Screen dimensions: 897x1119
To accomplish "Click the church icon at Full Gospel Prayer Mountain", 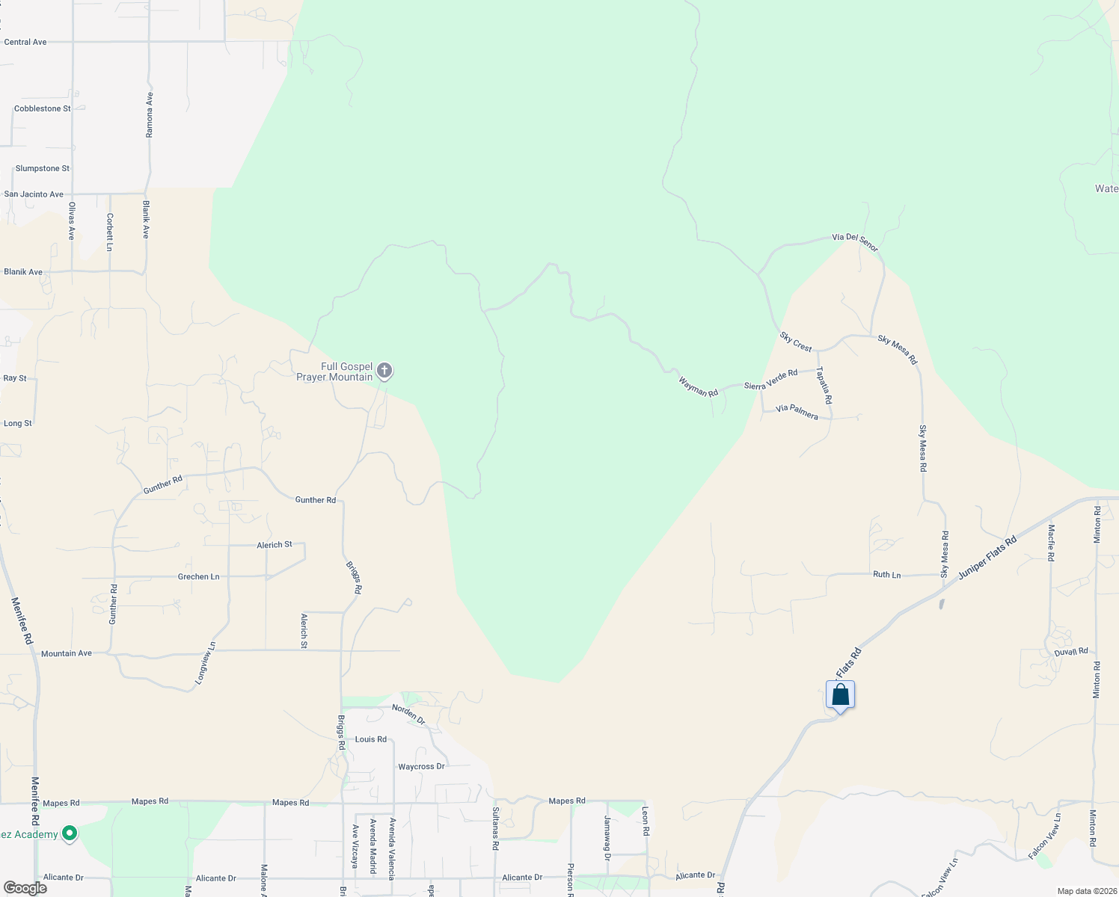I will tap(384, 371).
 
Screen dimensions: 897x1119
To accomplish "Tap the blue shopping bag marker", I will tap(840, 695).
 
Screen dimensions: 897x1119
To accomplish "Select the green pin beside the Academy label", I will tap(70, 833).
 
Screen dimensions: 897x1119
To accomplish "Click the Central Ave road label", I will tap(25, 43).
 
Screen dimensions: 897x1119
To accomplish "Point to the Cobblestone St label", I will tap(43, 109).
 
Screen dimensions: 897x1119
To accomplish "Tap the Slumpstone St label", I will tap(43, 169).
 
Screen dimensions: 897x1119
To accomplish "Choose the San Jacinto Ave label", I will tap(34, 194).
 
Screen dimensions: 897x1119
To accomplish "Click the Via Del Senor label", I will tap(855, 241).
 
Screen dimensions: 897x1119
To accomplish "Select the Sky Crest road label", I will tap(796, 342).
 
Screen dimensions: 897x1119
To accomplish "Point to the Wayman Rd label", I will tap(698, 387).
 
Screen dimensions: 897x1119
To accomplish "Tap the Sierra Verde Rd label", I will tap(770, 379).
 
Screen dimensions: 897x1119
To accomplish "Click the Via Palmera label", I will tap(797, 412).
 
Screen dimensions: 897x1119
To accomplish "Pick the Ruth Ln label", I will tap(886, 575).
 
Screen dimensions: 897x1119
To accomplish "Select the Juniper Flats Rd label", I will tap(987, 557).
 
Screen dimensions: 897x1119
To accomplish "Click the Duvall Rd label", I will tap(1071, 652).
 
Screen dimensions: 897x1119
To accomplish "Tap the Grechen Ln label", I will tap(198, 577).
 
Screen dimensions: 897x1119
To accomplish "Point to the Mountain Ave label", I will tap(67, 653).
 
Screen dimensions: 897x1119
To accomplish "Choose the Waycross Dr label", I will tap(421, 767).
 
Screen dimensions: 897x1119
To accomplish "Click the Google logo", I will tap(25, 888).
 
